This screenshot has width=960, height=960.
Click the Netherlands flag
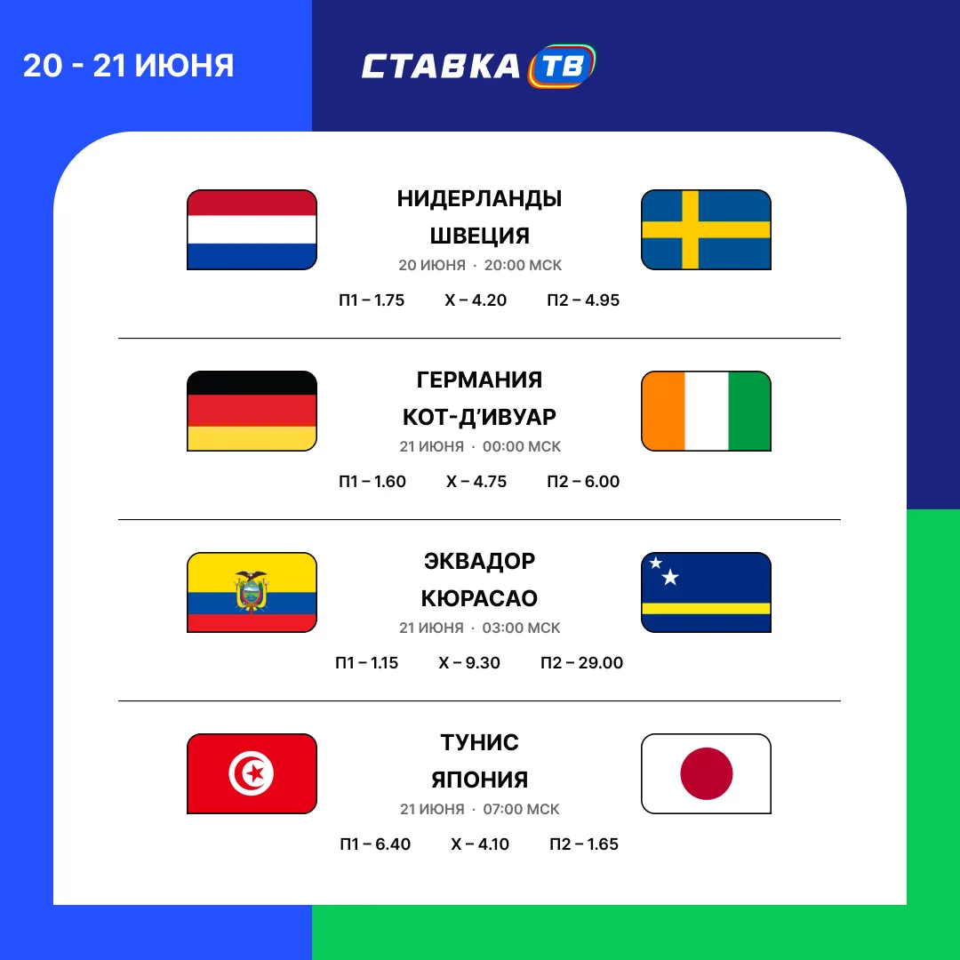click(252, 229)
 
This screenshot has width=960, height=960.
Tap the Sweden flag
click(706, 229)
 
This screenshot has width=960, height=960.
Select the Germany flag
click(252, 411)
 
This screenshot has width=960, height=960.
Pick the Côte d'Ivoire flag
click(706, 411)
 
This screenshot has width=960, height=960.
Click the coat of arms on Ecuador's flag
click(252, 591)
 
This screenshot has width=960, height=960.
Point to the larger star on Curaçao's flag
click(670, 577)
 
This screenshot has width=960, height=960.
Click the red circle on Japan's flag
click(707, 773)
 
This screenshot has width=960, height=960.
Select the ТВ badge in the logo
click(562, 66)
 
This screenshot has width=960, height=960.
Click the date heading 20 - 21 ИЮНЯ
click(129, 66)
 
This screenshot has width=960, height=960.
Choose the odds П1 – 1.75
click(372, 300)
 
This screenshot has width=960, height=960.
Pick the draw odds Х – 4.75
click(476, 481)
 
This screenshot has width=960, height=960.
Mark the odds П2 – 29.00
click(581, 662)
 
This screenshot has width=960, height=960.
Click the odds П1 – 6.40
click(375, 844)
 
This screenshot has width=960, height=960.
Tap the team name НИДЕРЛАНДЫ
click(479, 198)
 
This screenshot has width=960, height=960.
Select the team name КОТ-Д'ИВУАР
click(479, 416)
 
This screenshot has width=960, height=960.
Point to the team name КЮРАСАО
click(479, 598)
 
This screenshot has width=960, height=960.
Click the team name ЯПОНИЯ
click(479, 780)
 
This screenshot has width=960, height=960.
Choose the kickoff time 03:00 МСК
click(521, 628)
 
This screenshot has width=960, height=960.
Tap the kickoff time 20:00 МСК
click(523, 265)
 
